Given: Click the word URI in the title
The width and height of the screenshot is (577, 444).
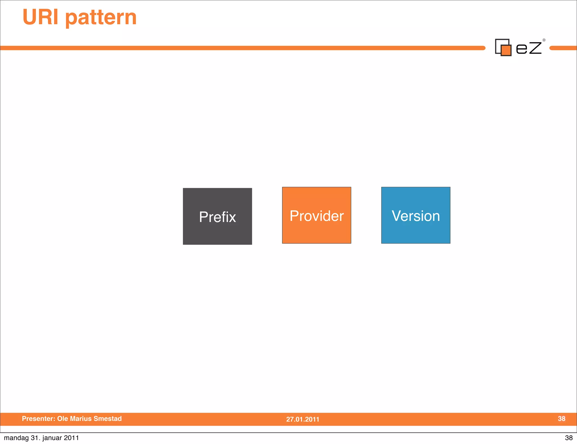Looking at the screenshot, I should point(40,17).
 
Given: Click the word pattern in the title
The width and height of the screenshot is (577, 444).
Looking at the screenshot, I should point(101,18).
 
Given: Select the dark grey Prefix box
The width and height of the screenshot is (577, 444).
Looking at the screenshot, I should point(217,216).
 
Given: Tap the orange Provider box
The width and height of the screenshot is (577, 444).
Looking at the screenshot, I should point(316,215).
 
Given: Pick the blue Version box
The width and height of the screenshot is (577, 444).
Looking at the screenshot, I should point(416,215).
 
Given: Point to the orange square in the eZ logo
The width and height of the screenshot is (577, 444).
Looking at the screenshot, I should point(506,50).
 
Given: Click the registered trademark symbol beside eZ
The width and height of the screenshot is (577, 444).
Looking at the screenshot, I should point(544,40).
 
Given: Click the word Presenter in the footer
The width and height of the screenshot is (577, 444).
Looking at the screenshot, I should point(38,419).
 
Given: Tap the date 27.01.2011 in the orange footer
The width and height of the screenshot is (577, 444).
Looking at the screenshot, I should point(303,419).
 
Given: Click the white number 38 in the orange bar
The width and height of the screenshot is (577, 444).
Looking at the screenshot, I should point(562,419).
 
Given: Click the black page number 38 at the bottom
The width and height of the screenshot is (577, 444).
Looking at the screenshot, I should point(569,438).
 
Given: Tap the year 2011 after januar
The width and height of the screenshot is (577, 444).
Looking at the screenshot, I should point(71,438).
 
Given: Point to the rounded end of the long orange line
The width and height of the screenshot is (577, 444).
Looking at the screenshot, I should point(483,48).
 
